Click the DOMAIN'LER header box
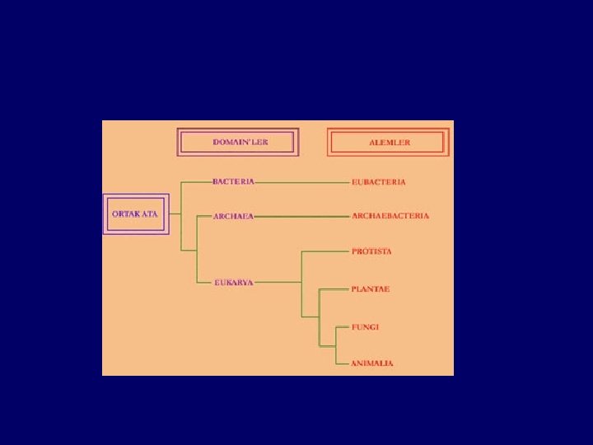239,142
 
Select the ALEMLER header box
388,143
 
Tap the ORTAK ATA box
135,214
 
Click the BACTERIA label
233,181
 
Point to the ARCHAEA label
233,216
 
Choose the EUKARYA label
234,282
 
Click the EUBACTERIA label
378,181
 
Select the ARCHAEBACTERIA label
390,216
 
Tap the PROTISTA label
371,251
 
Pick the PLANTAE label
371,289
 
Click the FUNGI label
365,327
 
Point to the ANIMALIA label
371,363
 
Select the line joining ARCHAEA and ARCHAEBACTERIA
301,216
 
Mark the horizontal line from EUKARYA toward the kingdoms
278,282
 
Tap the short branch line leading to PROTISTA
325,251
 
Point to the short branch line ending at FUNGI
342,327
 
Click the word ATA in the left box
149,214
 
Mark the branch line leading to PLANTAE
333,289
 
